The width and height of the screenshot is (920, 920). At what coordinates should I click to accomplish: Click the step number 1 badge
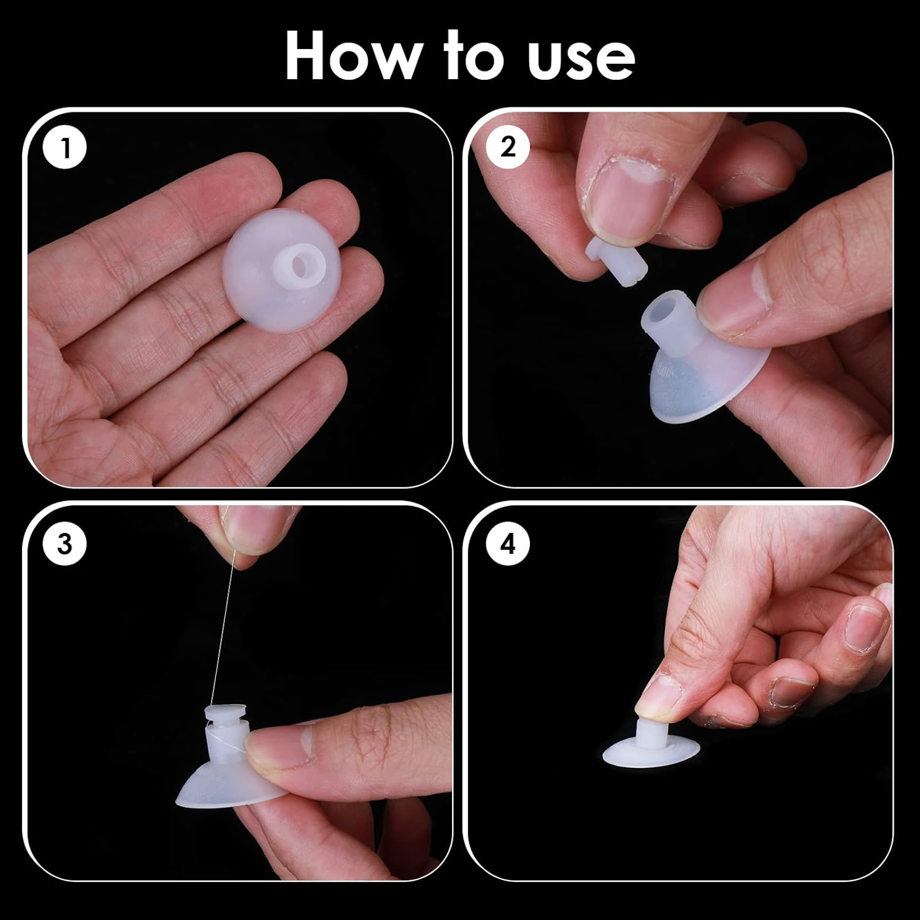pyautogui.click(x=65, y=148)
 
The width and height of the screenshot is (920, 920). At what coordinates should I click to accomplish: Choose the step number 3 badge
pyautogui.click(x=65, y=543)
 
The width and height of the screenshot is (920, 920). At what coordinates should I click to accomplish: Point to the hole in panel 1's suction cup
pyautogui.click(x=300, y=266)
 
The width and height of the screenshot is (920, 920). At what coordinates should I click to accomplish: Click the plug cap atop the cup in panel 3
pyautogui.click(x=224, y=716)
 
